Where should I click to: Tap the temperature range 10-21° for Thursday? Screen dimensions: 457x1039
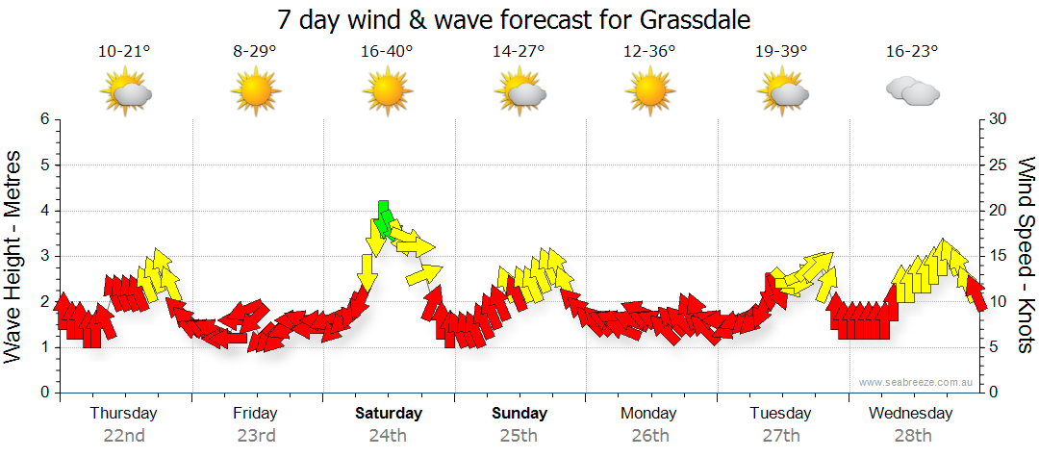pos(124,52)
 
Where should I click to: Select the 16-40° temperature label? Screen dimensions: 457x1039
pos(387,52)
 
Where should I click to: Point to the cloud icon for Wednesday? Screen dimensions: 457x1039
pos(912,91)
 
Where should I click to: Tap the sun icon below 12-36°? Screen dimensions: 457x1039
pos(650,91)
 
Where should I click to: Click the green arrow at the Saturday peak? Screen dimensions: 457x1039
pos(385,219)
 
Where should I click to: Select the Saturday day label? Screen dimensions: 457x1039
pos(389,414)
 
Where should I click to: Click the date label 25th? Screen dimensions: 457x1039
pos(519,435)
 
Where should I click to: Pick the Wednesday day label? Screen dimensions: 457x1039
pos(910,414)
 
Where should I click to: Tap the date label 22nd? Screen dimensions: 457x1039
pos(124,435)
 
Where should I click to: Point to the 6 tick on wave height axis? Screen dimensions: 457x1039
pos(43,119)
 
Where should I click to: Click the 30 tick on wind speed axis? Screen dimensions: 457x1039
pos(1000,119)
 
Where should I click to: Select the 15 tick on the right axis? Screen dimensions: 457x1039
pos(1000,256)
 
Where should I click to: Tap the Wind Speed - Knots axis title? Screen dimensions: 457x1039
pos(1026,256)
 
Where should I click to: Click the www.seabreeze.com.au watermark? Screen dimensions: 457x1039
pos(917,382)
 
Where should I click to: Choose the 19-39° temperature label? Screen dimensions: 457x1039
pos(780,52)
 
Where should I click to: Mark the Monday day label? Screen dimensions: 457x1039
pos(649,414)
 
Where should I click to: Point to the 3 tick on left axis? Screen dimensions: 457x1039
pos(43,256)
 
